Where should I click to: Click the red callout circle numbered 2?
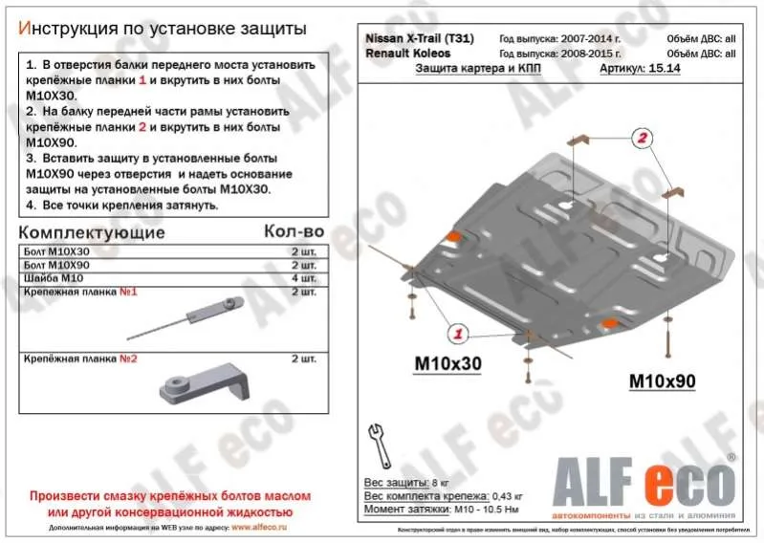(x=643, y=139)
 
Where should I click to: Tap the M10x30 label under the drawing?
(x=447, y=364)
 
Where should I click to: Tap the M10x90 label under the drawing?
(x=662, y=381)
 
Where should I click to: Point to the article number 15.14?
(x=664, y=70)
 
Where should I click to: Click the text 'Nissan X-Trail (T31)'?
(x=419, y=38)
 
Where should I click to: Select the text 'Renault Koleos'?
(x=408, y=54)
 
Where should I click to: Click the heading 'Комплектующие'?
(x=92, y=232)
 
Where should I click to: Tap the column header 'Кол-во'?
(x=294, y=232)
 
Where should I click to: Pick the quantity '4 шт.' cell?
(x=302, y=277)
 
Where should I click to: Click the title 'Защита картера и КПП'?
(x=467, y=70)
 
